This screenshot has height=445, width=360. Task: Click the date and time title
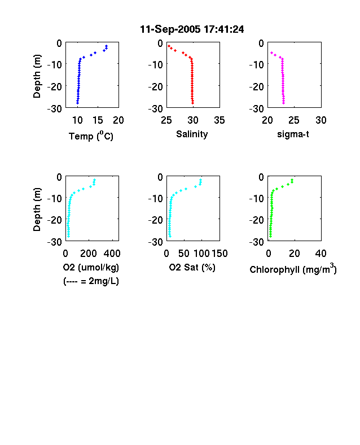192,29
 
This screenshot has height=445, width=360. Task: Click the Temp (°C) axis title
91,136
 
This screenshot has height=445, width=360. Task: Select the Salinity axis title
192,134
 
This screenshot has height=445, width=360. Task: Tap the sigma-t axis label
293,134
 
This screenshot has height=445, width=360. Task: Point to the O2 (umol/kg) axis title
91,267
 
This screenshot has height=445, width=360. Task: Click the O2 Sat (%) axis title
192,267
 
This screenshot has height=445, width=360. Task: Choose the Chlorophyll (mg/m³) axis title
293,268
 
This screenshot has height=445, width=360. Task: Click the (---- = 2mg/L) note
91,281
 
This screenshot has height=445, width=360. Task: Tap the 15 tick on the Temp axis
98,120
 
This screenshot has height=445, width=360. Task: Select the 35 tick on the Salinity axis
219,120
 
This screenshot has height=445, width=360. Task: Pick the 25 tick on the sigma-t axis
293,120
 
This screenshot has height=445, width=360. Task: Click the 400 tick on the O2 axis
112,254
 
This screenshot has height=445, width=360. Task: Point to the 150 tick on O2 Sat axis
219,254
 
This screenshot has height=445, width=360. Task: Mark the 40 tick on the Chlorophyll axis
321,254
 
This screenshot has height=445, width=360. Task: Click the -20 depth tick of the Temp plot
54,86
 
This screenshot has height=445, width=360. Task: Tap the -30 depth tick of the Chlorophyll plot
257,242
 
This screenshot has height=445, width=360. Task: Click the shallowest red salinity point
169,46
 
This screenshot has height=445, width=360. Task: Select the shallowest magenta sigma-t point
271,53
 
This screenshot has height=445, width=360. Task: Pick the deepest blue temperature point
77,103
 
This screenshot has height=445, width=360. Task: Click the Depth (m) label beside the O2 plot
37,210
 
